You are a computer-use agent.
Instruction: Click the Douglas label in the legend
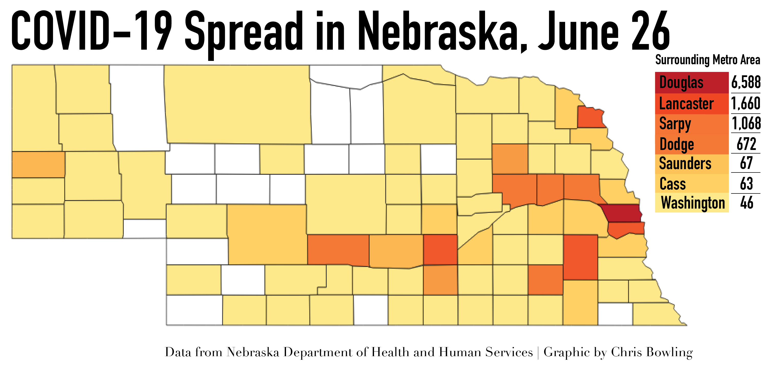pyautogui.click(x=681, y=83)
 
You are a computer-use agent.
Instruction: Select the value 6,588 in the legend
pyautogui.click(x=745, y=82)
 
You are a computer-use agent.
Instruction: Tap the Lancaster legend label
pyautogui.click(x=686, y=104)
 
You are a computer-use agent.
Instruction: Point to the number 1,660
pyautogui.click(x=745, y=103)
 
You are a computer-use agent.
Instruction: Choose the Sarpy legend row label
pyautogui.click(x=675, y=124)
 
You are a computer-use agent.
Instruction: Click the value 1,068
pyautogui.click(x=746, y=123)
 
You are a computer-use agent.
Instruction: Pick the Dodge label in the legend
pyautogui.click(x=677, y=144)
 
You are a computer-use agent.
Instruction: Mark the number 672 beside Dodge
pyautogui.click(x=746, y=144)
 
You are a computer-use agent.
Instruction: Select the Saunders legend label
pyautogui.click(x=685, y=164)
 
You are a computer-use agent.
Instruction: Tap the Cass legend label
pyautogui.click(x=673, y=184)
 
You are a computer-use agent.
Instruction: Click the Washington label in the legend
pyautogui.click(x=693, y=203)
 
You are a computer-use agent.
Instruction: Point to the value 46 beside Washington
pyautogui.click(x=746, y=203)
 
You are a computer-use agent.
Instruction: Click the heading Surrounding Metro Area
pyautogui.click(x=707, y=60)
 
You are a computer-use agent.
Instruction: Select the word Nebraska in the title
pyautogui.click(x=442, y=32)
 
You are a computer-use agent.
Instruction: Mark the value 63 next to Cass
pyautogui.click(x=746, y=183)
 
